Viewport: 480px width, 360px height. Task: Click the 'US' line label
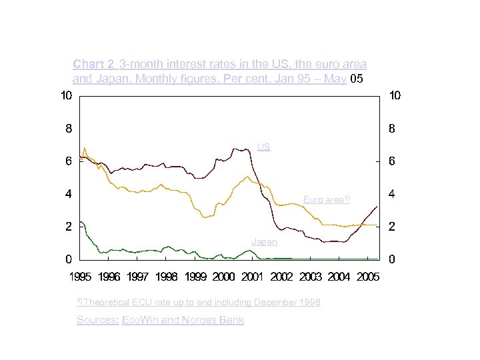pos(264,147)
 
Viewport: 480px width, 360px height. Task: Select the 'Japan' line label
pos(265,242)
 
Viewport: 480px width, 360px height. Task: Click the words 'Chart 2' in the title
pos(93,65)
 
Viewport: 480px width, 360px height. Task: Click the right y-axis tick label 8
pos(391,129)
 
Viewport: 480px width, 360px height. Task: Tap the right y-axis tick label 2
pos(391,227)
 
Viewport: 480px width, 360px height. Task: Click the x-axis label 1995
pos(81,277)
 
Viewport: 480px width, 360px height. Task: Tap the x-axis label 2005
pos(367,277)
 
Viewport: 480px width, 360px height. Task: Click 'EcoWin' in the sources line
pos(141,320)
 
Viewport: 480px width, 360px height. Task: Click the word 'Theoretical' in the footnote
pos(108,303)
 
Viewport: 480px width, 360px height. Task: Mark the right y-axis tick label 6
pos(391,161)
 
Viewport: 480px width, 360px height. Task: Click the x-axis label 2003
pos(310,277)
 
